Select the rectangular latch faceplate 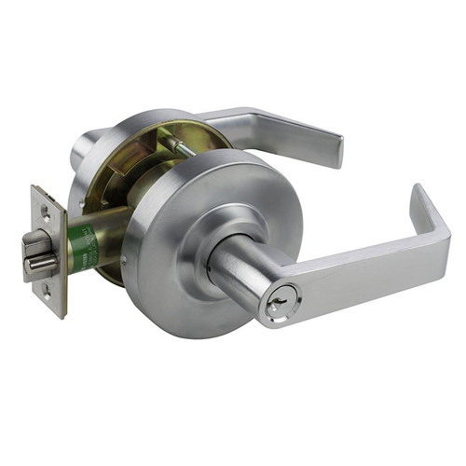tap(48, 250)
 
